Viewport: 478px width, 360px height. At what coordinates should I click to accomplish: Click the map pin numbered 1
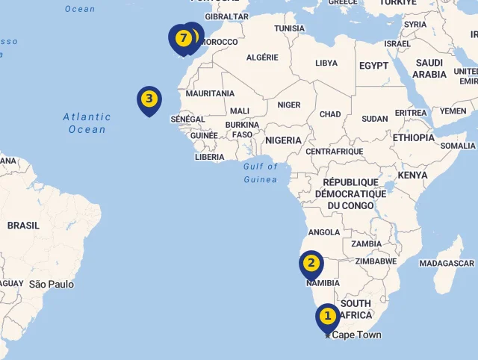coord(327,317)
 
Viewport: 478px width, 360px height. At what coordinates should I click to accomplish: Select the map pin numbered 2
coord(311,263)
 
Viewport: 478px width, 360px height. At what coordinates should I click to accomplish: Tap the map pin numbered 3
coord(149,99)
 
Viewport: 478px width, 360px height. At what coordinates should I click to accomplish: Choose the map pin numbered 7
coord(181,37)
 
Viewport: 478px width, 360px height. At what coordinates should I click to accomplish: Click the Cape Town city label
coord(356,335)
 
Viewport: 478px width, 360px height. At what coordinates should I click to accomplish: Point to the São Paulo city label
coord(52,285)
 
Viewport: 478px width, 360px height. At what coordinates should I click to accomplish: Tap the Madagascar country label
coord(447,264)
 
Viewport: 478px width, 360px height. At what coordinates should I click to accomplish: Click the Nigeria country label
coord(283,140)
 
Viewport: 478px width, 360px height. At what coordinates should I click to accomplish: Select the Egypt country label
coord(373,66)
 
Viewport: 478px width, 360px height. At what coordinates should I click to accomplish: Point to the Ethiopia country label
coord(413,138)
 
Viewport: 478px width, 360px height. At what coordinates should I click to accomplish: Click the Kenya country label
coord(412,176)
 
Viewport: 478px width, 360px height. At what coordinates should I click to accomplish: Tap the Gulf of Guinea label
coord(260,173)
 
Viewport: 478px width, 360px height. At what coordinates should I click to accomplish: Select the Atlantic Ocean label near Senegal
coord(87,123)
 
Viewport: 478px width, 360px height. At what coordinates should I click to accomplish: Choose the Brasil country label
coord(23,226)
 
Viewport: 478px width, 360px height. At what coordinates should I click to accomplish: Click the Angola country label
coord(324,232)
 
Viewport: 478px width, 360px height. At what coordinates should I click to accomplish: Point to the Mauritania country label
coord(210,93)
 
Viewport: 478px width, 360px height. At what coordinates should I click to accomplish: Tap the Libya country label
coord(326,63)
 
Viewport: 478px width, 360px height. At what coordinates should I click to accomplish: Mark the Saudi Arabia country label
coord(429,69)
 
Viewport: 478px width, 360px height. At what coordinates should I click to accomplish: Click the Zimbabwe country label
coord(376,261)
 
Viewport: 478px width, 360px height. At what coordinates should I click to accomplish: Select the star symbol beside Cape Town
coord(327,335)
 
